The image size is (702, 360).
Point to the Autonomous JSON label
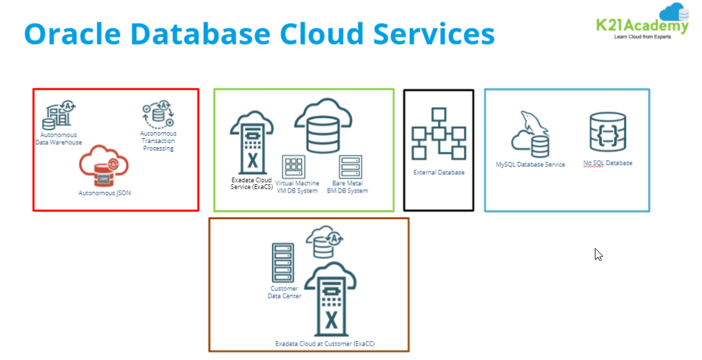pyautogui.click(x=104, y=193)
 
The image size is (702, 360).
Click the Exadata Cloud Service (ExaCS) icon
pyautogui.click(x=252, y=143)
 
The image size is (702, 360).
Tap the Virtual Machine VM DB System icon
pyautogui.click(x=295, y=166)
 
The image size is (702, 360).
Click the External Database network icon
pyautogui.click(x=439, y=133)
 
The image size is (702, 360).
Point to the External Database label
pyautogui.click(x=439, y=173)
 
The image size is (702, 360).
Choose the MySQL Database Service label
pyautogui.click(x=530, y=165)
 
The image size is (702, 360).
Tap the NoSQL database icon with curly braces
pyautogui.click(x=608, y=132)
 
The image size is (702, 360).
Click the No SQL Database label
pyautogui.click(x=608, y=163)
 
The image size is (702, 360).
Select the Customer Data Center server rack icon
pyautogui.click(x=280, y=262)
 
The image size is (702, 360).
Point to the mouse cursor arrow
pyautogui.click(x=598, y=254)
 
